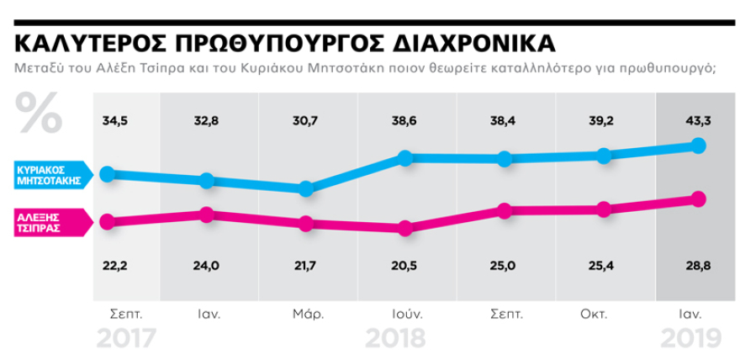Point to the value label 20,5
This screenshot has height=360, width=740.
click(x=405, y=266)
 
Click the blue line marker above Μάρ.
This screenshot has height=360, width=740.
click(x=306, y=189)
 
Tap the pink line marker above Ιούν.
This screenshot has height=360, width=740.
click(x=405, y=228)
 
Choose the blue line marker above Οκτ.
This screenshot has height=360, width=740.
click(x=603, y=156)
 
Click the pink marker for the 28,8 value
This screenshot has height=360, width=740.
click(x=697, y=199)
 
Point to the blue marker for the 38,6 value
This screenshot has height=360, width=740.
click(x=405, y=157)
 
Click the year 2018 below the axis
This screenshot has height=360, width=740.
click(x=395, y=338)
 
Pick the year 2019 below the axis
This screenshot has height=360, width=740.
click(x=690, y=338)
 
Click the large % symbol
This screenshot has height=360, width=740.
click(x=38, y=112)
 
